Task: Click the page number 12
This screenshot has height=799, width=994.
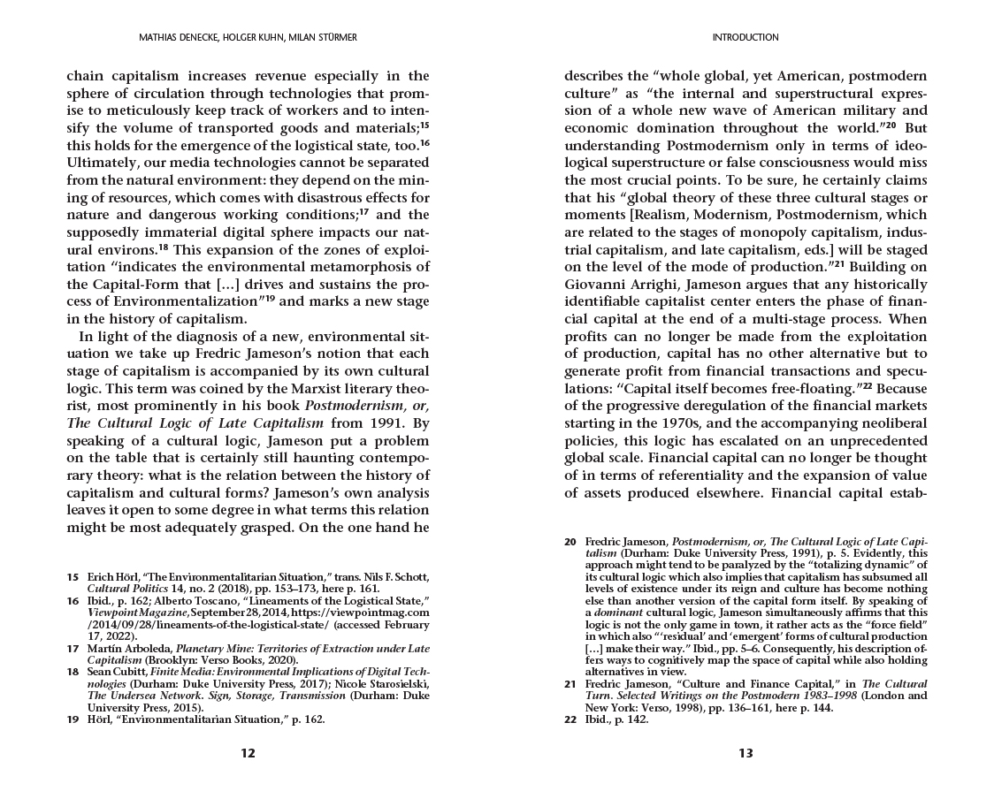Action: click(248, 753)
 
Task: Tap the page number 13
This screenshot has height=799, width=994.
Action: click(745, 753)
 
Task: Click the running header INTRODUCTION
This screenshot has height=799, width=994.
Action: click(745, 38)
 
